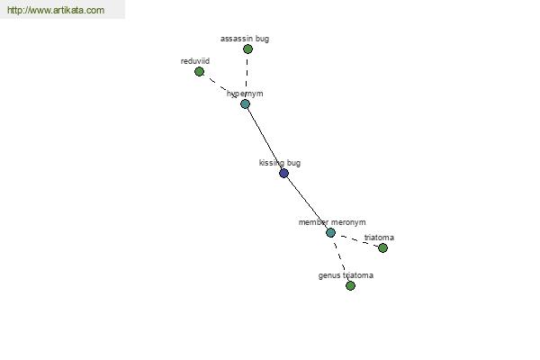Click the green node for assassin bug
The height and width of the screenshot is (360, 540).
[247, 49]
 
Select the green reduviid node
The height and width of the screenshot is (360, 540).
[199, 72]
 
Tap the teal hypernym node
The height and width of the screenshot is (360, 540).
[245, 103]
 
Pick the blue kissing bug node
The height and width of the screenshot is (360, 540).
[283, 173]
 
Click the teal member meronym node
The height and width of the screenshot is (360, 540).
[330, 232]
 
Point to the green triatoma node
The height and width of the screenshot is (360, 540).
[382, 247]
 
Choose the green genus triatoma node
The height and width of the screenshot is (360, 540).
[350, 285]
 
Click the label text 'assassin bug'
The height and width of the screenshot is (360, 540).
[245, 39]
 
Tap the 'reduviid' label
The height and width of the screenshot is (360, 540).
[195, 61]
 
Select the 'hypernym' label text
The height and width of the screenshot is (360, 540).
[245, 94]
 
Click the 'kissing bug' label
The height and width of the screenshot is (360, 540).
[280, 163]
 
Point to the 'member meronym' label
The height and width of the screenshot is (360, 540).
[332, 222]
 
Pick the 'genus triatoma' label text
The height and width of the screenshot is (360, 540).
[346, 275]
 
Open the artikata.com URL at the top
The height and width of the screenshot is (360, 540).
[56, 10]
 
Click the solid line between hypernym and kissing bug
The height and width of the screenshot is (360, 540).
[265, 139]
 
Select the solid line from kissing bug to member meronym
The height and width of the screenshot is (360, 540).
[307, 202]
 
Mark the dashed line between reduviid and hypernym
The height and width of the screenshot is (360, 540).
[217, 84]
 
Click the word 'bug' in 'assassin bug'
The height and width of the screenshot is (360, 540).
[263, 39]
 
